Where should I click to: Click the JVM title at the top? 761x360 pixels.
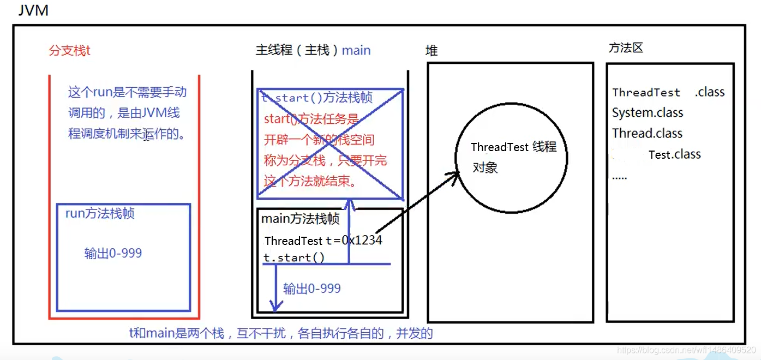[x=33, y=10]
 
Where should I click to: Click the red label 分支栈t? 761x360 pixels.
[x=70, y=51]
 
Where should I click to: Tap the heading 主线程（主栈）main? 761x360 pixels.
[x=313, y=50]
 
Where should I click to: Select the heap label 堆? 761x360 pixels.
[x=432, y=51]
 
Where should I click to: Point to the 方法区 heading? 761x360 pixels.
[x=626, y=47]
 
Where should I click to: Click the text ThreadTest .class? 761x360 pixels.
[x=668, y=92]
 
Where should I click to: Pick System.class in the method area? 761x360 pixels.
[x=648, y=113]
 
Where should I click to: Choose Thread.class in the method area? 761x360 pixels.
[x=647, y=133]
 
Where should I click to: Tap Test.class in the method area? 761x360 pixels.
[x=675, y=154]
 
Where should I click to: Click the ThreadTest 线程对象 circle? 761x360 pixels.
[x=511, y=157]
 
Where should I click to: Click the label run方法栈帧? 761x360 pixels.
[x=100, y=213]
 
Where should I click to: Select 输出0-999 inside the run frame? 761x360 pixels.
[x=113, y=253]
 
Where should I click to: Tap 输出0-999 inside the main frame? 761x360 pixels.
[x=312, y=289]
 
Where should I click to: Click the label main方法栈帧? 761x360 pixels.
[x=301, y=219]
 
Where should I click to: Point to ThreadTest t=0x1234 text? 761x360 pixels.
[x=323, y=241]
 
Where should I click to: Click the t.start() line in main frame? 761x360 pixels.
[x=294, y=257]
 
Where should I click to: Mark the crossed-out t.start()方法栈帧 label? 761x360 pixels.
[x=317, y=98]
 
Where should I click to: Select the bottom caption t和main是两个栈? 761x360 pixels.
[x=280, y=333]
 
